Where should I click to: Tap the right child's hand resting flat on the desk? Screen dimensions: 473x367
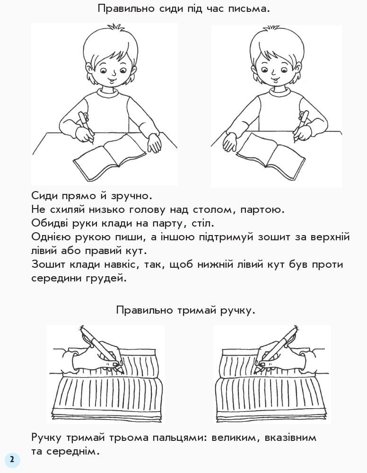click(x=230, y=141)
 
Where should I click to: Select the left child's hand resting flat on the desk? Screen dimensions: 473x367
click(x=154, y=142)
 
